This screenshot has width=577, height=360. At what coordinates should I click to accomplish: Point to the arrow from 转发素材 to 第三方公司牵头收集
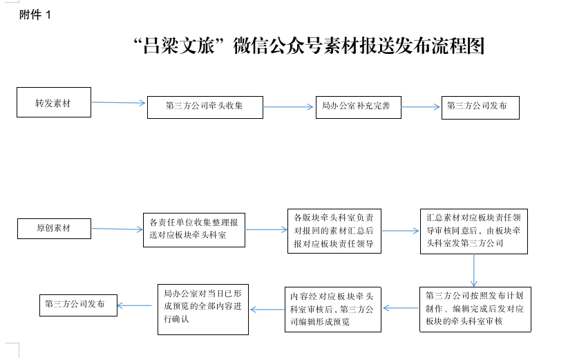[118, 103]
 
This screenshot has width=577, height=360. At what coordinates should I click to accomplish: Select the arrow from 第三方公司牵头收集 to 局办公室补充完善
[288, 107]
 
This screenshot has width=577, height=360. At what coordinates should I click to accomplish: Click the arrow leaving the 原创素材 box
[117, 229]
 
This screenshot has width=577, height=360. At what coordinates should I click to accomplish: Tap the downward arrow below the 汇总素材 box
[473, 270]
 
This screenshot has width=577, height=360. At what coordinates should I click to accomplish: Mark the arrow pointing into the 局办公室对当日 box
[267, 310]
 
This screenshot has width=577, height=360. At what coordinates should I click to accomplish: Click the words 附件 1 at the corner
[35, 15]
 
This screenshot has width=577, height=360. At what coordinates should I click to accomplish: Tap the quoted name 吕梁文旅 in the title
[179, 46]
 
